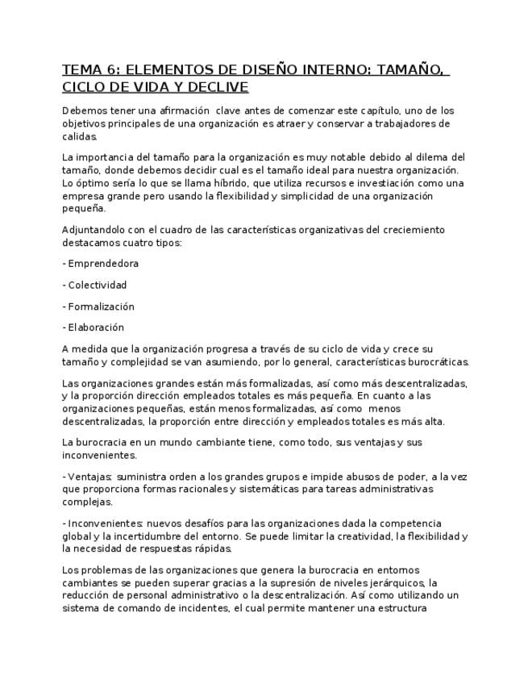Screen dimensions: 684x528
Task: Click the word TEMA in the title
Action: pyautogui.click(x=81, y=69)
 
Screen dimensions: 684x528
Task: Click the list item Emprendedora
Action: pyautogui.click(x=103, y=264)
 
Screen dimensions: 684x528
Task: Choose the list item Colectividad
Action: pyautogui.click(x=97, y=285)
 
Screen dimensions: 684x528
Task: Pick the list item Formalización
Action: pyautogui.click(x=101, y=307)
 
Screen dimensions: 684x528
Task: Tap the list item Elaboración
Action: pyautogui.click(x=96, y=327)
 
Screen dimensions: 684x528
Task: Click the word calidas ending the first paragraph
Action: pyautogui.click(x=79, y=137)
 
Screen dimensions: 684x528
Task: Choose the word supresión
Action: pyautogui.click(x=295, y=583)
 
